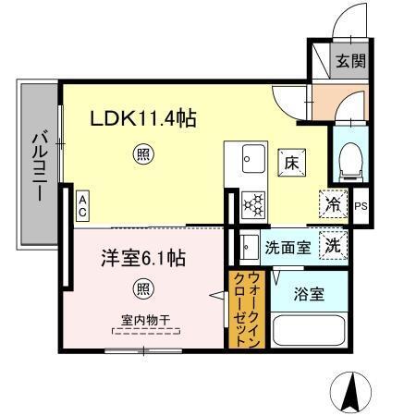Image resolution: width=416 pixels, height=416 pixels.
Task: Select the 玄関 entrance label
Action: pos(349,63)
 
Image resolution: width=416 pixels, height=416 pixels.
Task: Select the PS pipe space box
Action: pos(361,205)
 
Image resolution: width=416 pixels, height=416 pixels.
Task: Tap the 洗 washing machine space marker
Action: pos(333,246)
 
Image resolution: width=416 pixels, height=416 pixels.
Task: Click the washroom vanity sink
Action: pos(248,247)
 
